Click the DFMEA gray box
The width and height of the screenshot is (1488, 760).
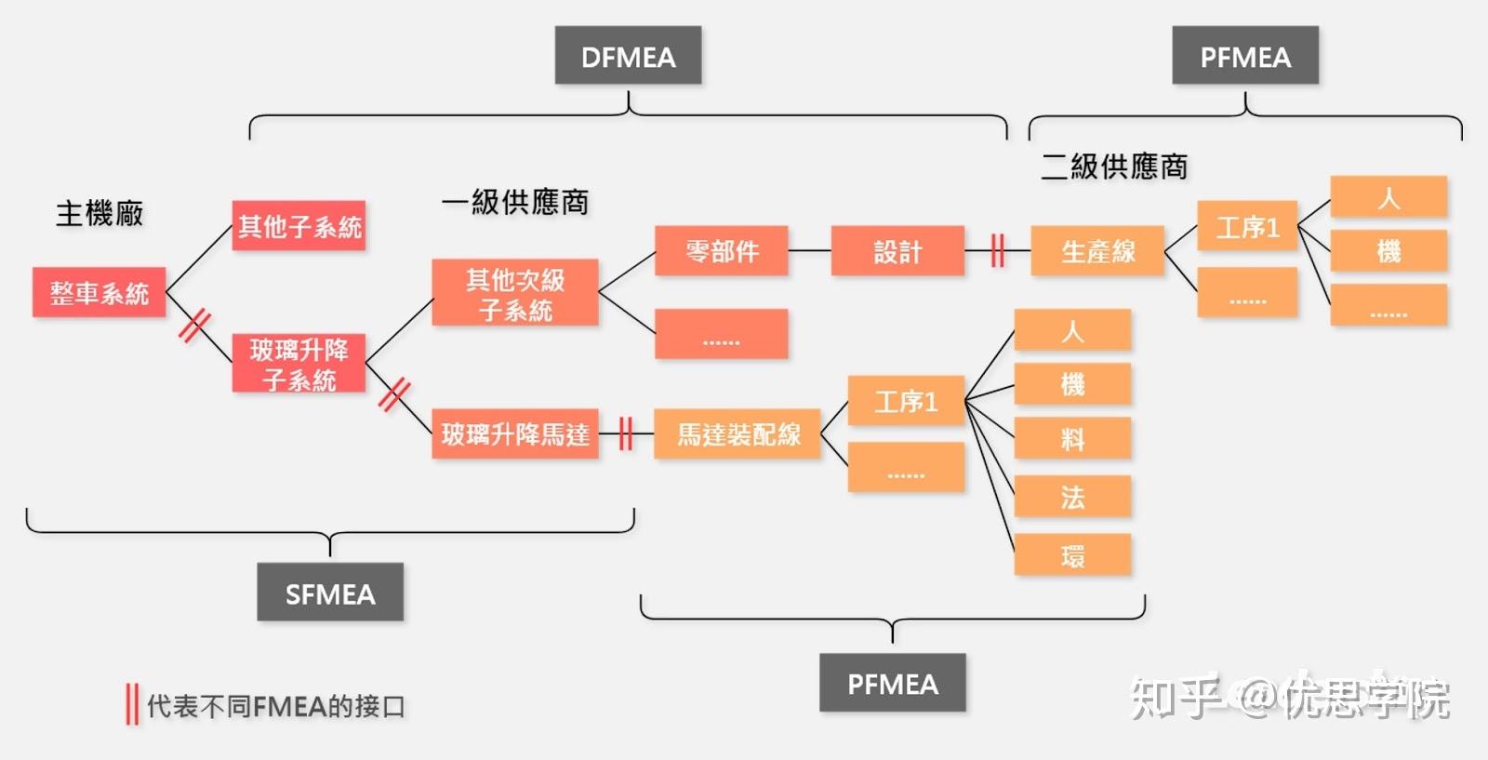click(x=628, y=56)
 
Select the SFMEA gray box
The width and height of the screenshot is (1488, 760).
click(x=330, y=593)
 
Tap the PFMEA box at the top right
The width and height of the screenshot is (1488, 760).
click(x=1245, y=56)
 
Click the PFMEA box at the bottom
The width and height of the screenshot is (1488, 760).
click(x=892, y=683)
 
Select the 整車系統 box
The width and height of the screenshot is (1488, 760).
click(x=99, y=293)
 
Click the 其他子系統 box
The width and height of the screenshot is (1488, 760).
click(x=299, y=226)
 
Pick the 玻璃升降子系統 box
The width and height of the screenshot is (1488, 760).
click(x=299, y=364)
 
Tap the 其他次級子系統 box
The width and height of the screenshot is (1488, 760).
click(x=515, y=293)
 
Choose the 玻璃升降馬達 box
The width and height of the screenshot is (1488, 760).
click(x=515, y=433)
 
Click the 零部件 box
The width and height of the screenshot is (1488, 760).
click(x=722, y=250)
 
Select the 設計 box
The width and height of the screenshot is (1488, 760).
click(x=897, y=250)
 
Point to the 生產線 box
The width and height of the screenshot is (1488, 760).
click(x=1097, y=250)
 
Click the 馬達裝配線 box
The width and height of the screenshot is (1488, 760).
click(x=737, y=433)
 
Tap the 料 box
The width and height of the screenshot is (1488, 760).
click(x=1072, y=438)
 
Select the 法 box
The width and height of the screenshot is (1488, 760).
click(x=1072, y=497)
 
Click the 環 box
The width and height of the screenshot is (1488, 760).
click(x=1072, y=555)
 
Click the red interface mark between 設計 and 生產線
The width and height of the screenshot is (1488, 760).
click(x=997, y=250)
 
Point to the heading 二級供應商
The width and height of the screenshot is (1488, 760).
click(x=1114, y=167)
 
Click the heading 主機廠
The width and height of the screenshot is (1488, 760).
click(x=100, y=213)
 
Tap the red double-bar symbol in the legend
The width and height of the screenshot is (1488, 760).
click(x=132, y=704)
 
